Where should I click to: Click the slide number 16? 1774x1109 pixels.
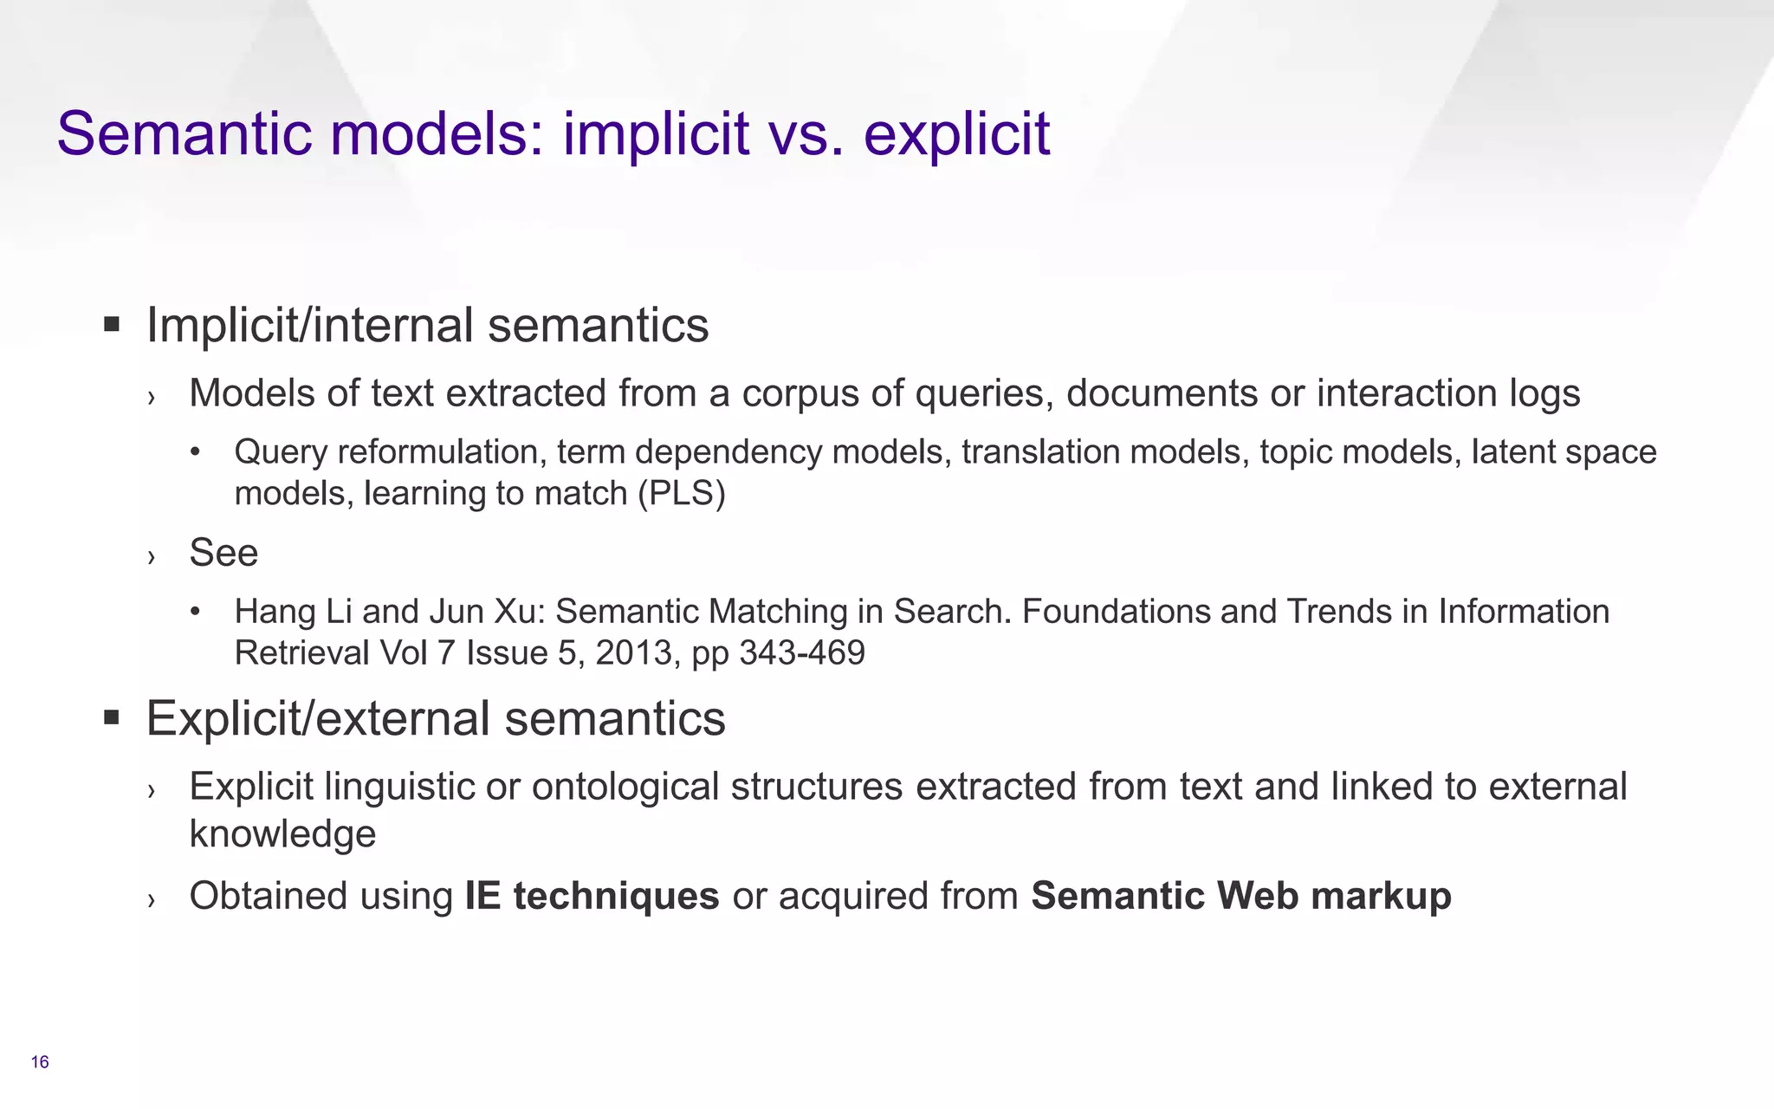coord(40,1062)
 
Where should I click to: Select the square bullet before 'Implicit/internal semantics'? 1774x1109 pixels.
coord(111,326)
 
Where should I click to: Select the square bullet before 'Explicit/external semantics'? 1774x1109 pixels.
coord(111,718)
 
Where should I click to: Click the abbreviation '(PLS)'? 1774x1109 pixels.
coord(681,494)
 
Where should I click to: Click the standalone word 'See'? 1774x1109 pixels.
coord(223,553)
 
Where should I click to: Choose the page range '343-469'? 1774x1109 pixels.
coord(802,652)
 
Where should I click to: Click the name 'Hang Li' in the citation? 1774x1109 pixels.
coord(293,612)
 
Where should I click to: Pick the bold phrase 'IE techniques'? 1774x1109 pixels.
coord(592,896)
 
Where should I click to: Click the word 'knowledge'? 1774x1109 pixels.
coord(282,834)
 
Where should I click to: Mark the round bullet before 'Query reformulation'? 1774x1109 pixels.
coord(196,452)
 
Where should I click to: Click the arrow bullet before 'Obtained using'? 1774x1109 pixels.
coord(152,899)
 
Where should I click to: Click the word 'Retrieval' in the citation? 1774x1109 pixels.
coord(301,652)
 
